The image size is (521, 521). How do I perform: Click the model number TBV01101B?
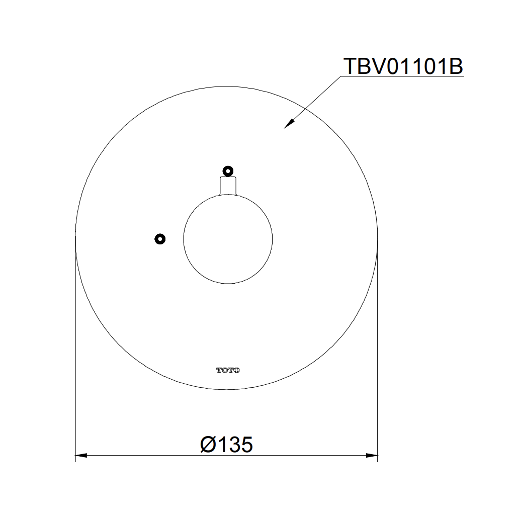tap(402, 66)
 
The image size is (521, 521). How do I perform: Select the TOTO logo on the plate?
tap(228, 370)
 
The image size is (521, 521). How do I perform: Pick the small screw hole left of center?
tap(160, 238)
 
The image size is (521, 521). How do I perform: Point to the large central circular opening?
tap(228, 239)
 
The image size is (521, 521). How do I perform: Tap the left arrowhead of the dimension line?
tap(81, 456)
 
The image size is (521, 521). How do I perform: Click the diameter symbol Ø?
tap(208, 445)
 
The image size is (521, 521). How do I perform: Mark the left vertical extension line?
tap(75, 352)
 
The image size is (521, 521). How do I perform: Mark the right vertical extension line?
tap(378, 352)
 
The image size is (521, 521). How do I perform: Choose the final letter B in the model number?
tap(455, 66)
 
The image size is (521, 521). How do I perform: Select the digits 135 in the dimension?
tap(235, 445)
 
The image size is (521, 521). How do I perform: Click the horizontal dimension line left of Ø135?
tap(141, 456)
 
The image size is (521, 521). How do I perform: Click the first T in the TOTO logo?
tap(219, 370)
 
